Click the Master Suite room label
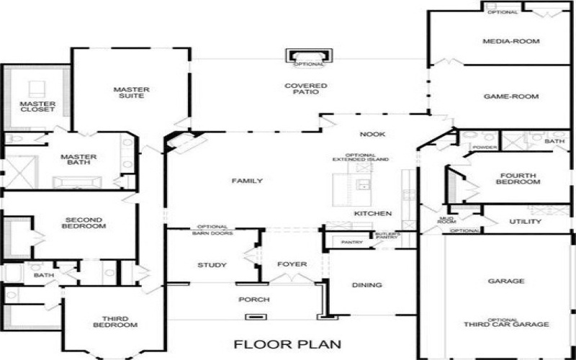(x=131, y=93)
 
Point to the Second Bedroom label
(x=85, y=222)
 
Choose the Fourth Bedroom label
(x=518, y=178)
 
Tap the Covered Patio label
(x=305, y=90)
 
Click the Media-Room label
(x=511, y=42)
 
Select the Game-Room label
(x=511, y=96)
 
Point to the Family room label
(x=246, y=181)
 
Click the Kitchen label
(x=372, y=214)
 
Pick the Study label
(x=212, y=266)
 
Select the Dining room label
(x=366, y=285)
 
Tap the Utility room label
(x=525, y=221)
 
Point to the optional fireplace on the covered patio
(x=310, y=56)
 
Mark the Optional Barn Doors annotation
(x=212, y=230)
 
